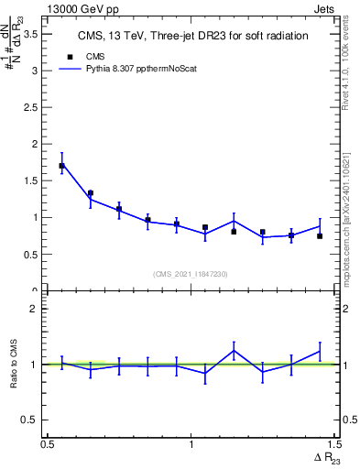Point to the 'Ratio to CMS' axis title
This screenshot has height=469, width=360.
[13, 365]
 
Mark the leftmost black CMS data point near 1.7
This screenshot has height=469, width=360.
[61, 166]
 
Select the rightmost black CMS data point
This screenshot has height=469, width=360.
[320, 235]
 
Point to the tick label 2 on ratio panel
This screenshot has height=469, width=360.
[38, 309]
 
